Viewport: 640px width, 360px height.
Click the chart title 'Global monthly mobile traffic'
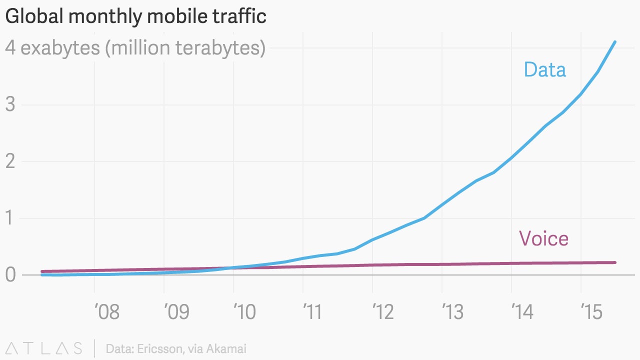click(135, 16)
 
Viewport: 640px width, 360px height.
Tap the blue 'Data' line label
click(545, 69)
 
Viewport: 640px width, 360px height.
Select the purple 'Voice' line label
click(543, 238)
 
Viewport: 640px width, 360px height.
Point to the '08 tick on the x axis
click(107, 311)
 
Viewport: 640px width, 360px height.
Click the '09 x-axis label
click(176, 311)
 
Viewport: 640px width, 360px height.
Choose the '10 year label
click(244, 311)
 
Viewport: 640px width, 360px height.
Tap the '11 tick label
click(312, 311)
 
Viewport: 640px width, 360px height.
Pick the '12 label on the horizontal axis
click(383, 311)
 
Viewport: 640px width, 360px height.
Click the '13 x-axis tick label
click(452, 311)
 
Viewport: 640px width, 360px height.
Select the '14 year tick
click(522, 311)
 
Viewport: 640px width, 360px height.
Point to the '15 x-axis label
click(591, 311)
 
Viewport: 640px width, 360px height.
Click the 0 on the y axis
click(10, 275)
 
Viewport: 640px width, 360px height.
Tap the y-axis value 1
click(9, 217)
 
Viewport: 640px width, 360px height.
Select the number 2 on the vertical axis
click(10, 161)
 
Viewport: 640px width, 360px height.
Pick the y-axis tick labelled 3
click(10, 104)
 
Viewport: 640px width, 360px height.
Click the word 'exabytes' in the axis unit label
click(60, 48)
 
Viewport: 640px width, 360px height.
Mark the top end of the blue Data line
click(615, 42)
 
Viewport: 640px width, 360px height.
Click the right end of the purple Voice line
click(615, 262)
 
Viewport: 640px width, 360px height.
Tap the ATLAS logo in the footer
click(44, 348)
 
